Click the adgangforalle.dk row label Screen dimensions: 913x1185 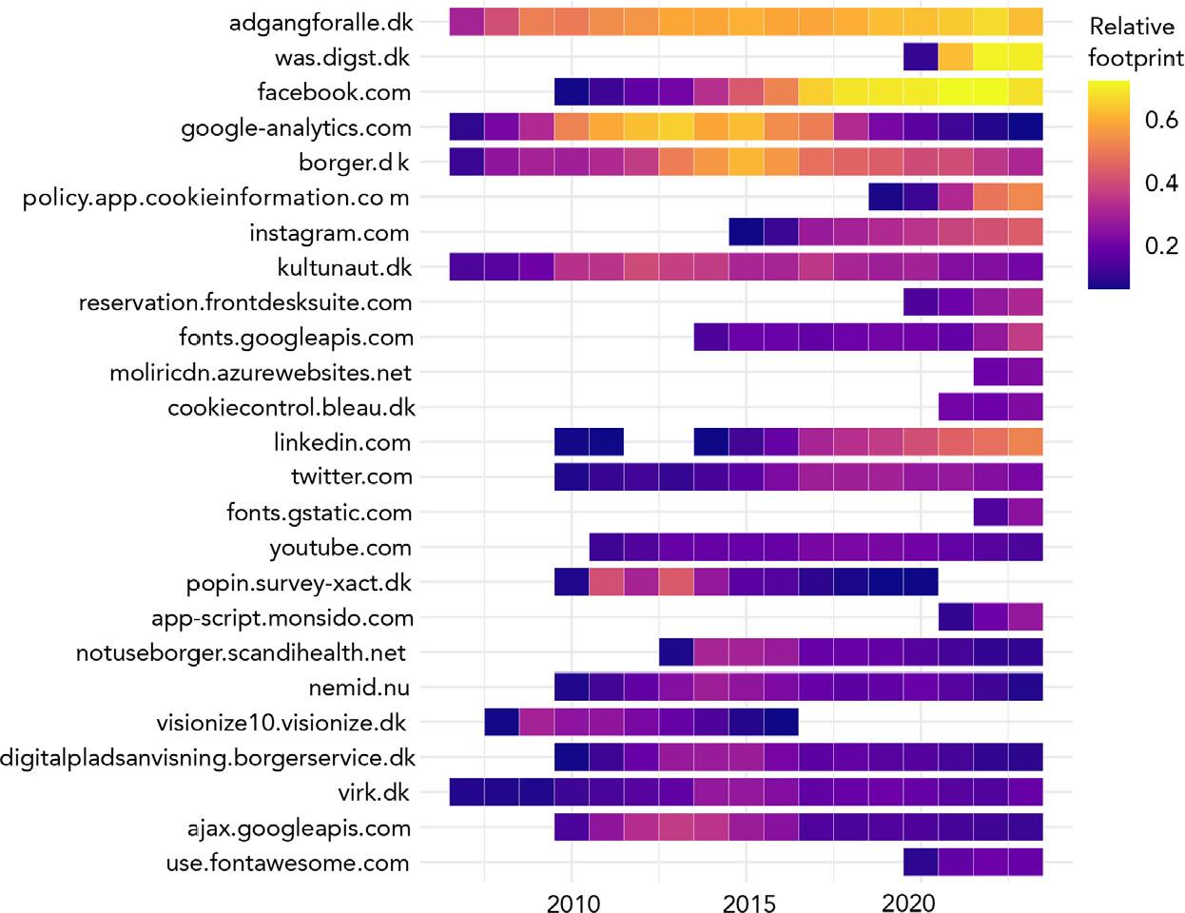tap(320, 22)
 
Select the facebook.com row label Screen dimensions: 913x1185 tap(334, 92)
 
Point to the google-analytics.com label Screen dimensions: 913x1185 tap(296, 127)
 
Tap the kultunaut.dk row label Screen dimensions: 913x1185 tap(344, 268)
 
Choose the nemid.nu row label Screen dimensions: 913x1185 tap(359, 688)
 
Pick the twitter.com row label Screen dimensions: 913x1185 tap(351, 477)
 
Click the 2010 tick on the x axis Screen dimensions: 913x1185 tap(573, 902)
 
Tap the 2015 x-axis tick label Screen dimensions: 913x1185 tap(748, 902)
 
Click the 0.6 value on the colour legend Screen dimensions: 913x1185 tap(1161, 120)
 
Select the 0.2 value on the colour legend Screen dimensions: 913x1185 tap(1161, 245)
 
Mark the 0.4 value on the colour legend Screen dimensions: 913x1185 tap(1161, 183)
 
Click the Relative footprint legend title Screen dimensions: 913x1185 tap(1135, 42)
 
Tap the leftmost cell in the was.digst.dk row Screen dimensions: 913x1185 tap(921, 57)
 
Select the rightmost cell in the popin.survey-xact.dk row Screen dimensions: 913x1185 tap(921, 583)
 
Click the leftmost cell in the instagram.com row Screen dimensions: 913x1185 tap(747, 233)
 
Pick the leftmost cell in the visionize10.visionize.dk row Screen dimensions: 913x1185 tap(501, 723)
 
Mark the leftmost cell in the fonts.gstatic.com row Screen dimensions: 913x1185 tap(991, 513)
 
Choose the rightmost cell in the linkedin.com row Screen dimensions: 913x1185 tap(1026, 442)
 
